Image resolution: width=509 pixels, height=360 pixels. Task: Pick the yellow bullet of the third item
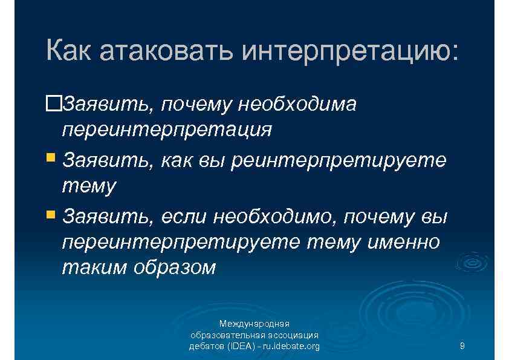(53, 214)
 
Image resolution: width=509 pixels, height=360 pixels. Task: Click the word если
(184, 215)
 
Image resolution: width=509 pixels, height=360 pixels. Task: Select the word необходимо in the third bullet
(276, 215)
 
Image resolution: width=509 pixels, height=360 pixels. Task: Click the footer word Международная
(254, 324)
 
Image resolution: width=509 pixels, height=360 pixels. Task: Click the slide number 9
(462, 346)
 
